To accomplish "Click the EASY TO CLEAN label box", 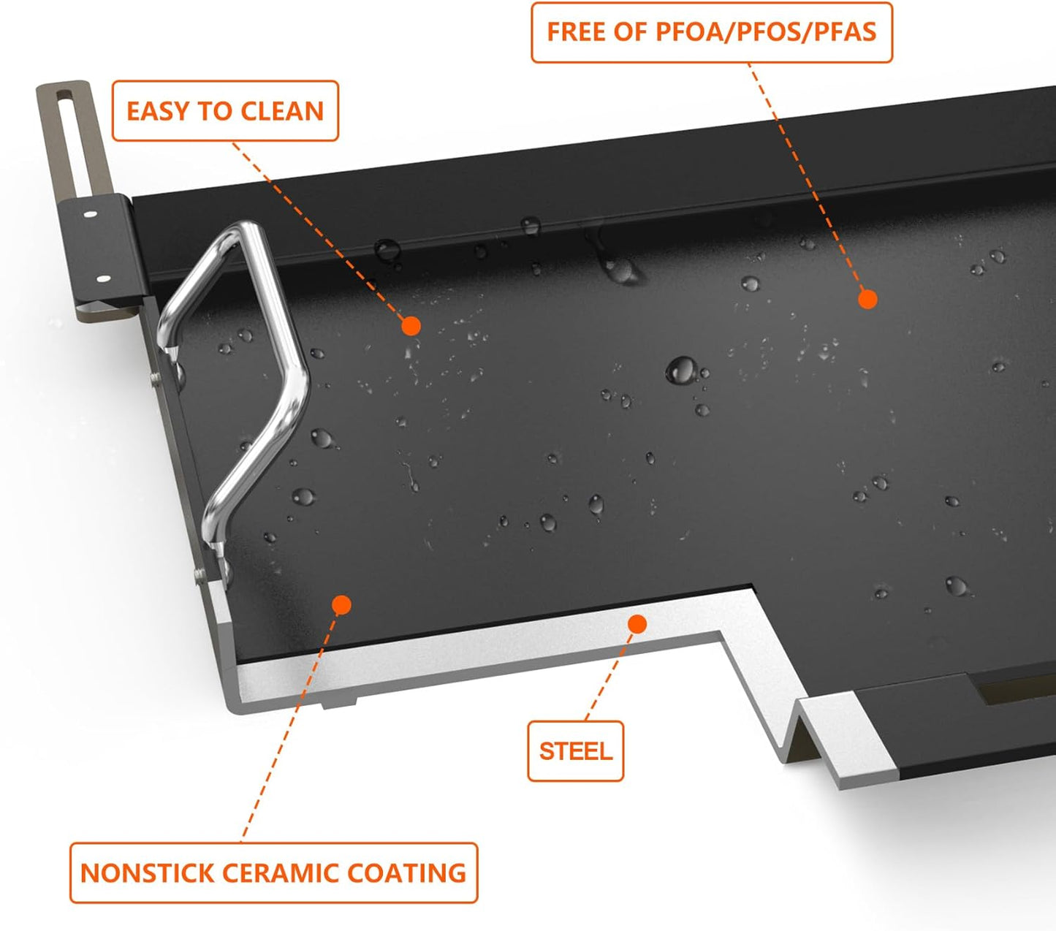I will point(225,111).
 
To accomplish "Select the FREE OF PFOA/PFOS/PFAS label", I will point(711,32).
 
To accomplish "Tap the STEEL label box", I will point(575,751).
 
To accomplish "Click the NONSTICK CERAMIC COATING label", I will point(273,873).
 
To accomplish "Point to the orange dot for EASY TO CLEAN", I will point(411,326).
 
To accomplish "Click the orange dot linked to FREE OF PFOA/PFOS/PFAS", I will point(867,299).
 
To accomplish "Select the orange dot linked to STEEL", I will point(637,624).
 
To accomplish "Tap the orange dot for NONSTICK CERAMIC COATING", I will point(341,604).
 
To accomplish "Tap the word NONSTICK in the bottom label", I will point(147,873).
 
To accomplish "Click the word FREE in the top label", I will point(577,32).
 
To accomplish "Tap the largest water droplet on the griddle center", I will point(681,370).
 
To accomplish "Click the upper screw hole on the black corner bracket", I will point(90,215).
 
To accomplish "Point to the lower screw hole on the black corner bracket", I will point(102,278).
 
